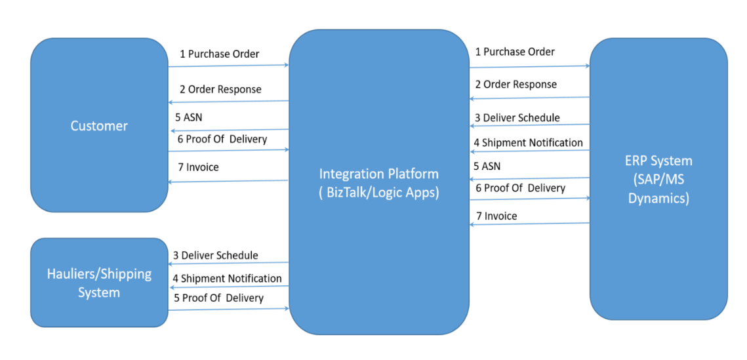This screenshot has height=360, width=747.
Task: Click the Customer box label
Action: click(x=99, y=126)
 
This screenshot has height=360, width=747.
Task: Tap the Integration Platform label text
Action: click(x=378, y=174)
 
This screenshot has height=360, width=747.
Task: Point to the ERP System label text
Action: click(x=658, y=161)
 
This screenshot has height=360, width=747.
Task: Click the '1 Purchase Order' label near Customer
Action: click(x=220, y=54)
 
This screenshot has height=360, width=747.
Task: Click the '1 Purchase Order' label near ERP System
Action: click(x=515, y=52)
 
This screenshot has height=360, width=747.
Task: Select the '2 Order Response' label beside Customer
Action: click(x=220, y=89)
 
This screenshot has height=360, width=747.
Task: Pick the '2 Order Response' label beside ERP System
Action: click(x=515, y=85)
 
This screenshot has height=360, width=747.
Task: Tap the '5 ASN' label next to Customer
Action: click(x=189, y=118)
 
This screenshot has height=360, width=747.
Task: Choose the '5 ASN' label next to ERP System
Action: click(x=487, y=167)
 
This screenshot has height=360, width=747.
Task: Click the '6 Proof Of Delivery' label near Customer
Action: click(x=222, y=139)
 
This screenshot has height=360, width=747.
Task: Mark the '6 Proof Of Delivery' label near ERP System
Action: click(x=520, y=188)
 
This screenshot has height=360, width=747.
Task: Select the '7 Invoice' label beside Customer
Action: click(x=198, y=167)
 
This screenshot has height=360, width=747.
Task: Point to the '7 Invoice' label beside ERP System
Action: click(x=496, y=216)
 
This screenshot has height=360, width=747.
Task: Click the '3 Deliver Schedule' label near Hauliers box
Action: click(x=215, y=255)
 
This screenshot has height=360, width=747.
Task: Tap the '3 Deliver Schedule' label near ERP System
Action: click(x=517, y=118)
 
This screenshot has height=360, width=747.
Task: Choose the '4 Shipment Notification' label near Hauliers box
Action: click(x=227, y=278)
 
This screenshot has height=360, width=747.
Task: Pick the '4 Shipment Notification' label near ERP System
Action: click(x=528, y=142)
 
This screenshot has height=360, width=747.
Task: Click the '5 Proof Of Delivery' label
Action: click(x=218, y=298)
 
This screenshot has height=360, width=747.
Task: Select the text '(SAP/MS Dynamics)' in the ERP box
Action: click(x=658, y=190)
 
